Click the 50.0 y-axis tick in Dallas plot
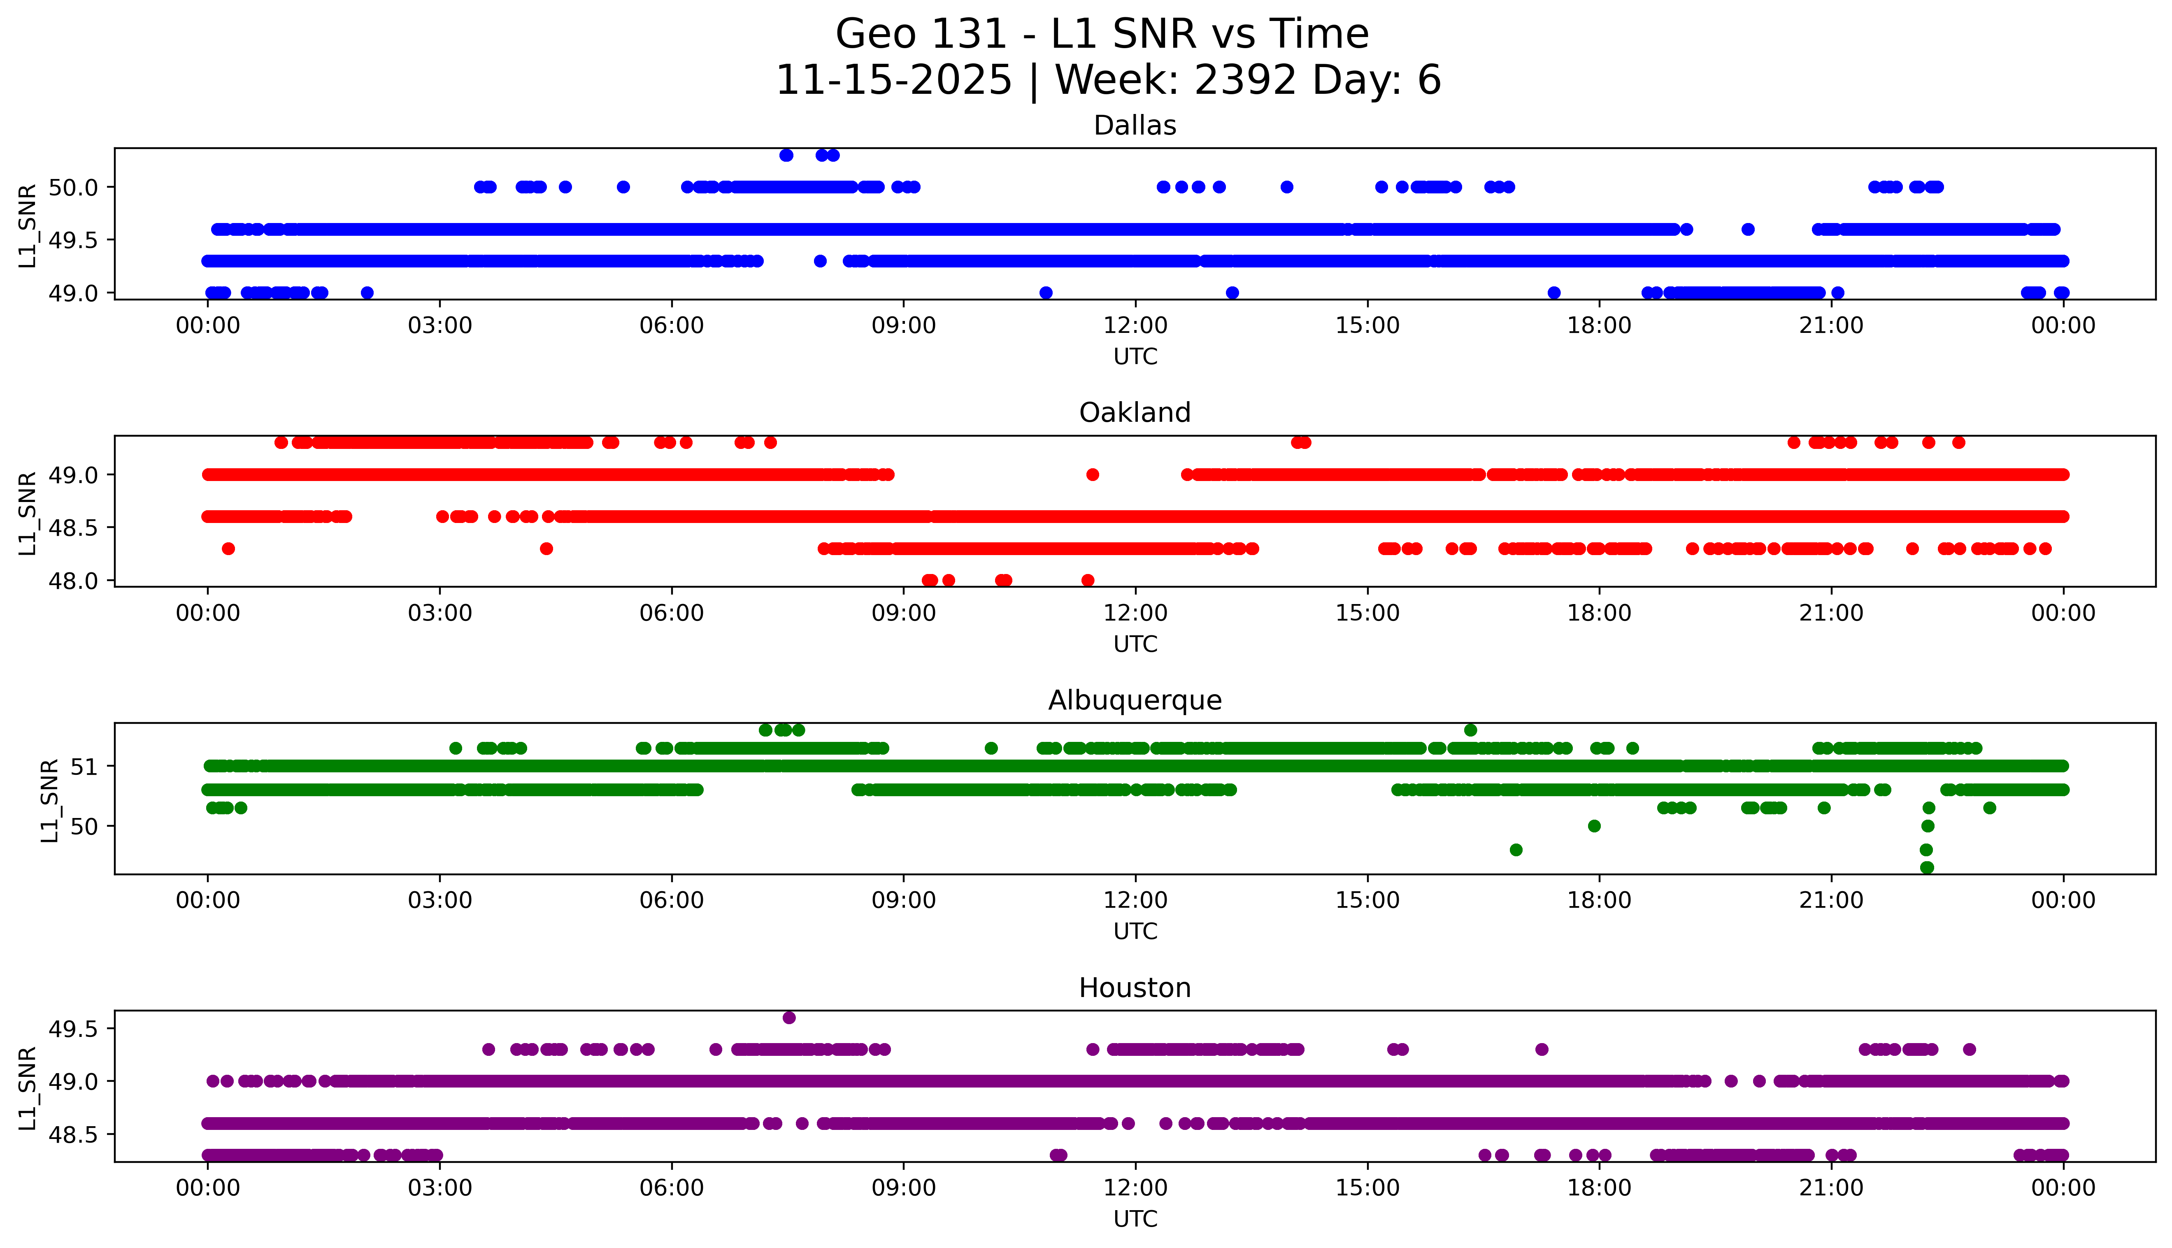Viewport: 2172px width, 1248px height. (74, 187)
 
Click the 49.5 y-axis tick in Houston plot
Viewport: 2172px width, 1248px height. (74, 1029)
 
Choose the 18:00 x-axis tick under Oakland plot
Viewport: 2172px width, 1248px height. (1600, 613)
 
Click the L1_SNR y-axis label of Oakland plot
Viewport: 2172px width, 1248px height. (28, 513)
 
